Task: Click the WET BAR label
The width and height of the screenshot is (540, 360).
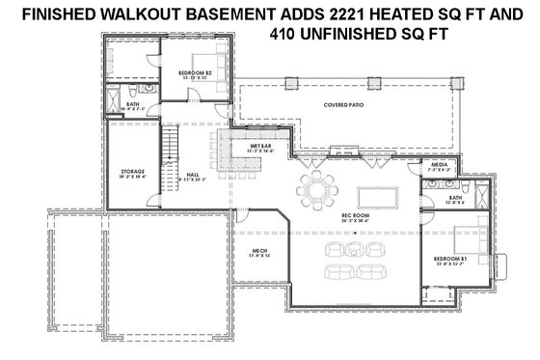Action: pyautogui.click(x=235, y=146)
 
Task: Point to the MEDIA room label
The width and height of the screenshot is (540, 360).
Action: pyautogui.click(x=439, y=167)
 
